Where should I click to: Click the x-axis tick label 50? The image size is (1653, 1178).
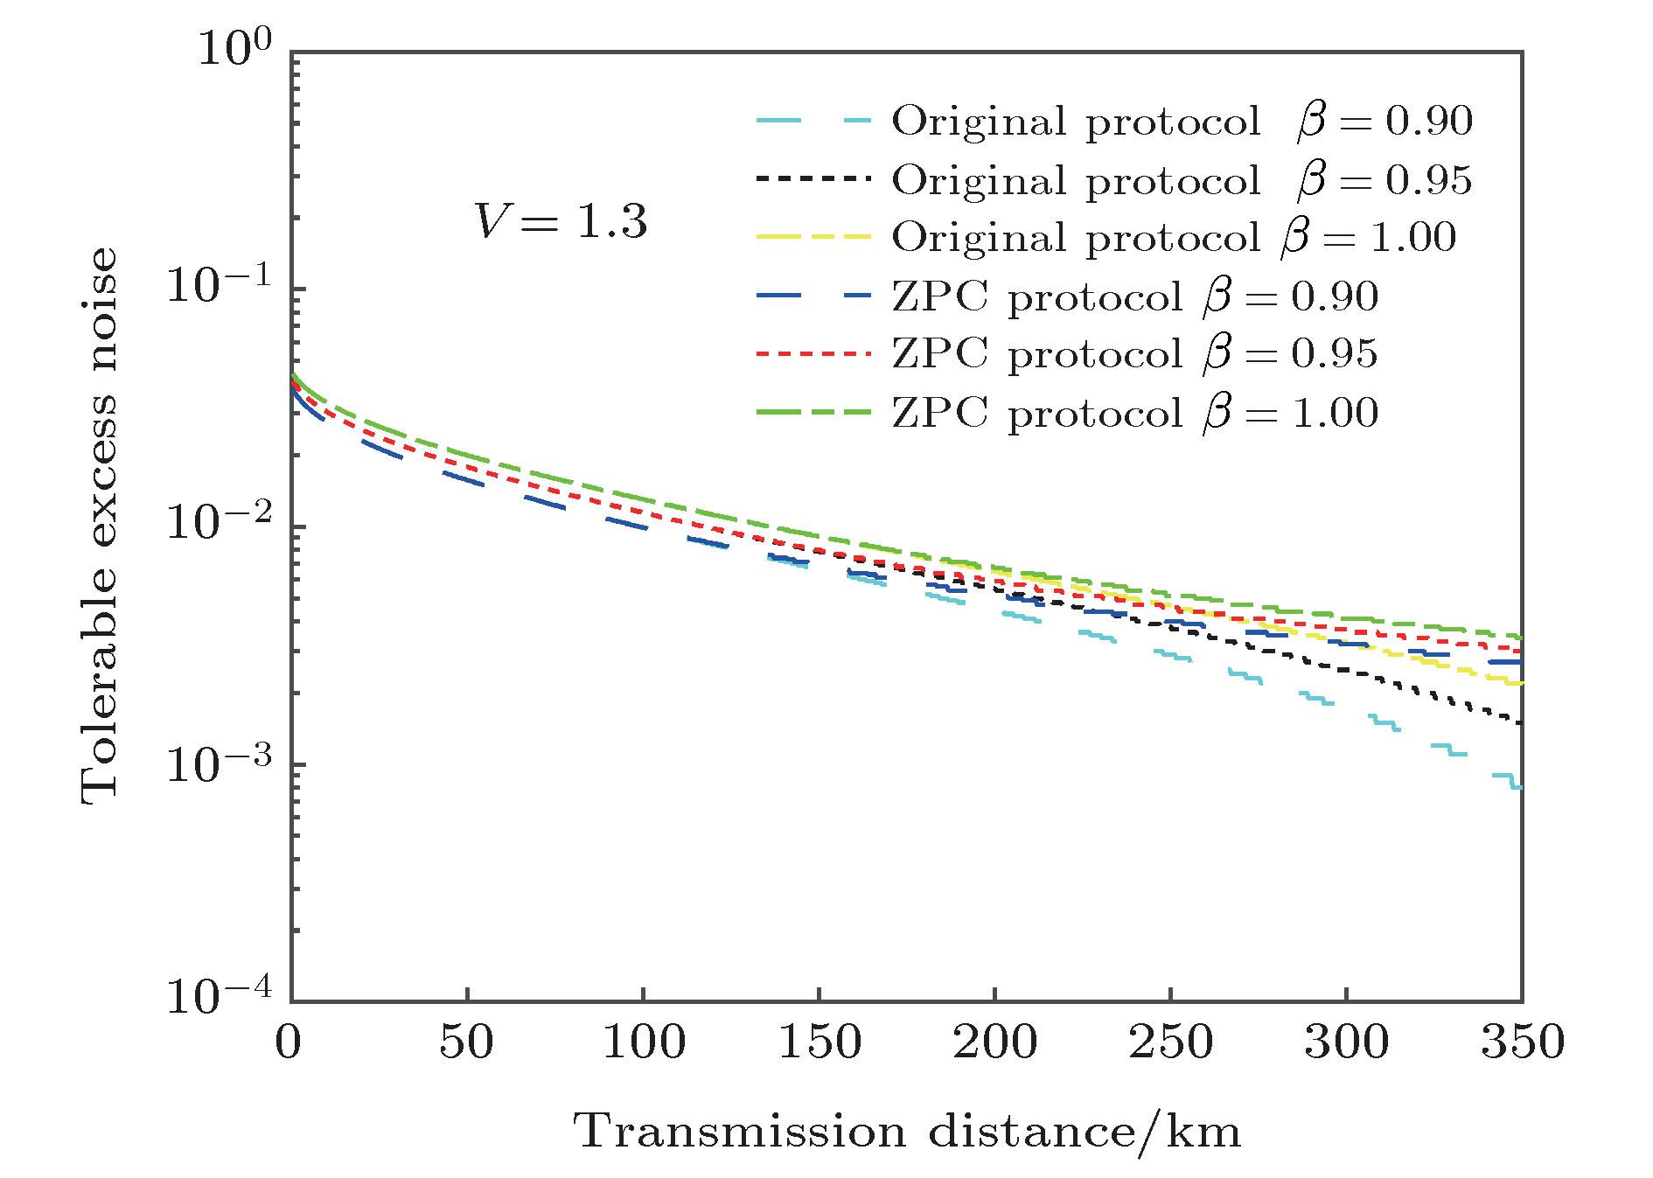coord(466,1042)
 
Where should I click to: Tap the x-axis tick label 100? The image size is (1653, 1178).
coord(644,1042)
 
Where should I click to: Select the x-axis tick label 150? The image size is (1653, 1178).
coord(820,1042)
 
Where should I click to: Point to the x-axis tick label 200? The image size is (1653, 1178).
coord(995,1042)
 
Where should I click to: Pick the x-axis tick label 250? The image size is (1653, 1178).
coord(1171,1042)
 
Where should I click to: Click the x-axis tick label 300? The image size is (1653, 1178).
coord(1347,1042)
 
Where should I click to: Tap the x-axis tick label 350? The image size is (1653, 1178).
coord(1523,1042)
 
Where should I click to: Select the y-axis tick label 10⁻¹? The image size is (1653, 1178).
coord(220,285)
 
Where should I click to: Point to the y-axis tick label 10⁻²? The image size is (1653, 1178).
coord(220,523)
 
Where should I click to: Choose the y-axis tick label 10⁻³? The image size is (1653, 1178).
coord(220,763)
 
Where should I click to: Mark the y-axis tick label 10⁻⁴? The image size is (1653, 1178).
coord(220,996)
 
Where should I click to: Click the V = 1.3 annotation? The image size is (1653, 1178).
coord(561,221)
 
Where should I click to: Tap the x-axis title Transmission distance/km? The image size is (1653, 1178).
coord(907,1133)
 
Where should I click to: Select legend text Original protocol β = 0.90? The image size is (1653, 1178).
coord(1182,121)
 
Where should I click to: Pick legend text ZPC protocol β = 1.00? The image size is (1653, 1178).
coord(1134,413)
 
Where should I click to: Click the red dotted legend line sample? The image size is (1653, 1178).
coord(813,354)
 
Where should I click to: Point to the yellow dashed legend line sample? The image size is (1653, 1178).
coord(813,237)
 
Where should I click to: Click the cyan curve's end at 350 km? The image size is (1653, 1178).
coord(1518,786)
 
